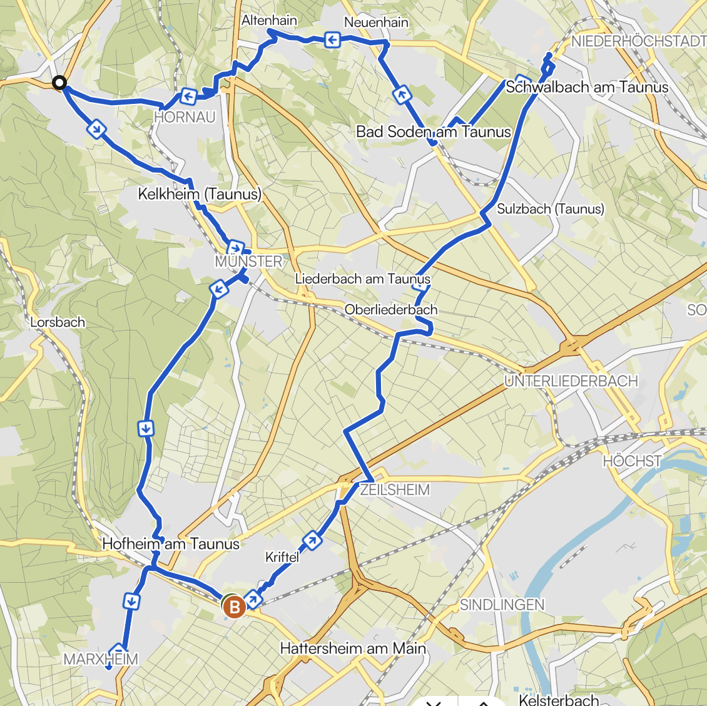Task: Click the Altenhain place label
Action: coord(269,20)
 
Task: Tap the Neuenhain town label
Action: coord(376,23)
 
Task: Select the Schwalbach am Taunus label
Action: coord(587,87)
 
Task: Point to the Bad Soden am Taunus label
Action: coord(434,131)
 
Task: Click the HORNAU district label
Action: coord(185,117)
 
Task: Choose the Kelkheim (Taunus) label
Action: coord(200,194)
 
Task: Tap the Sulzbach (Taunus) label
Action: coord(551,208)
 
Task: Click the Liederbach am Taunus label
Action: coord(363,279)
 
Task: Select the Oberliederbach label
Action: coord(391,309)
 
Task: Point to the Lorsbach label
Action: coord(58,322)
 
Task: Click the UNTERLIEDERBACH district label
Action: coord(571,381)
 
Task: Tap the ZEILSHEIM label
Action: coord(395,489)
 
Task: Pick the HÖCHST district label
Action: coord(632,461)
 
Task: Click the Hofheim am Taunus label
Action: coord(171,544)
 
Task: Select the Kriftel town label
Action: coord(282,556)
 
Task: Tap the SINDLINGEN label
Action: coord(502,605)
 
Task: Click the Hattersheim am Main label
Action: coord(353,648)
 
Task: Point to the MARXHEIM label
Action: coord(101,659)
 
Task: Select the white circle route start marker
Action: coord(59,83)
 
